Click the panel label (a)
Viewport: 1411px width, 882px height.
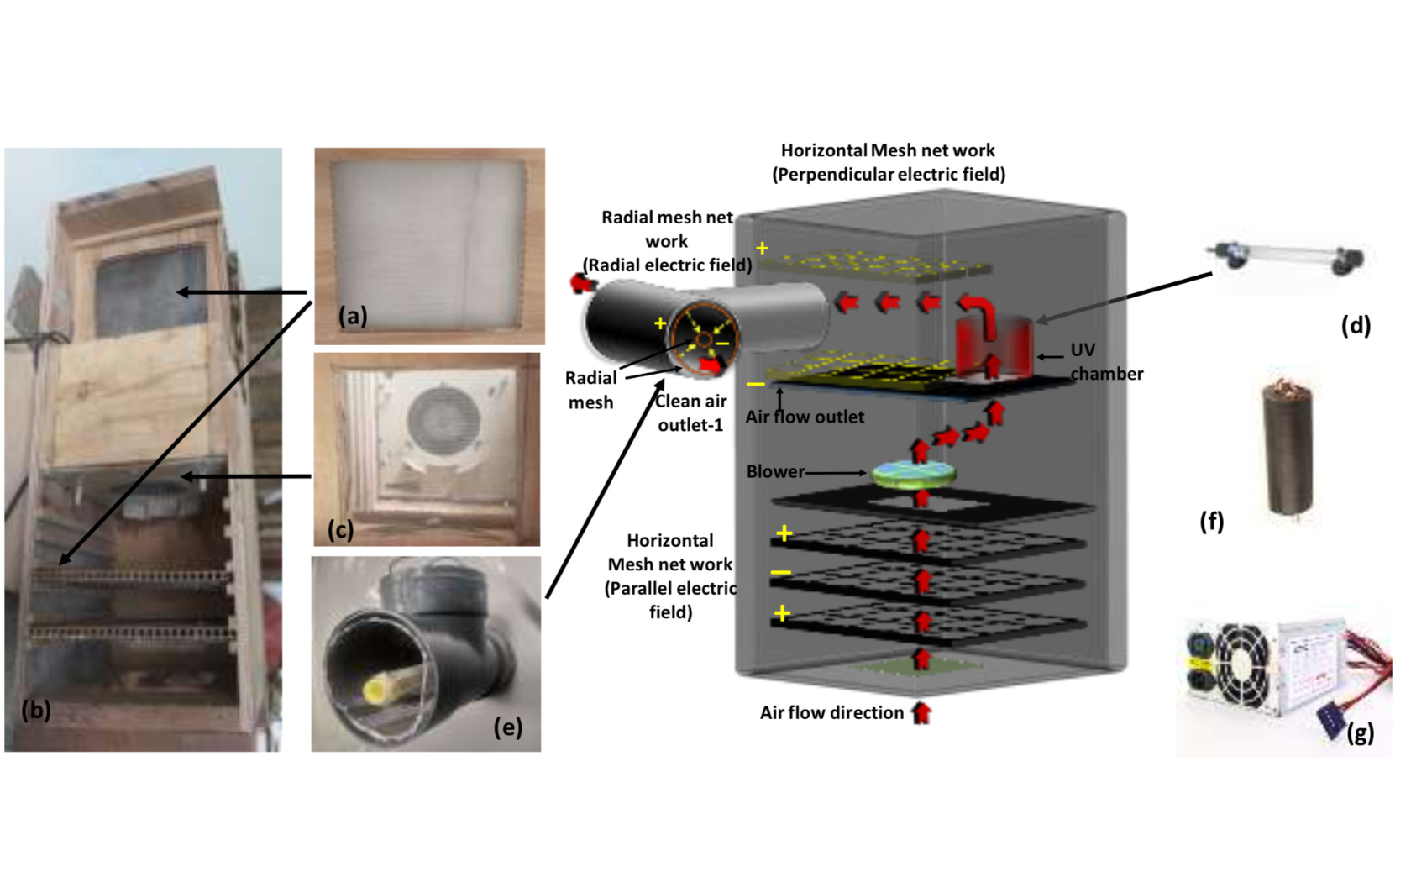pyautogui.click(x=353, y=316)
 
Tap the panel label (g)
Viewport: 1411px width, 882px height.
pyautogui.click(x=1360, y=733)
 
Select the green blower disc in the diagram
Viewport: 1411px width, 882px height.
pyautogui.click(x=914, y=474)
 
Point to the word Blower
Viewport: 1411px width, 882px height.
pyautogui.click(x=775, y=472)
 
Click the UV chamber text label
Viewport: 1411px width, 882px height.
pyautogui.click(x=1105, y=362)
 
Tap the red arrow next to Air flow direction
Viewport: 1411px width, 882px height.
pyautogui.click(x=921, y=713)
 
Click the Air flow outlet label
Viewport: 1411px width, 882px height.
pyautogui.click(x=804, y=417)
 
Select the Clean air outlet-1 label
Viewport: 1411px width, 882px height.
pyautogui.click(x=690, y=413)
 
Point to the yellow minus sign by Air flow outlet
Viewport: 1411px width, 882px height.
pyautogui.click(x=756, y=385)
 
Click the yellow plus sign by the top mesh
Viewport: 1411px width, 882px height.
pyautogui.click(x=762, y=249)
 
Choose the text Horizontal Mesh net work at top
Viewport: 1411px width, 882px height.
pyautogui.click(x=887, y=150)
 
